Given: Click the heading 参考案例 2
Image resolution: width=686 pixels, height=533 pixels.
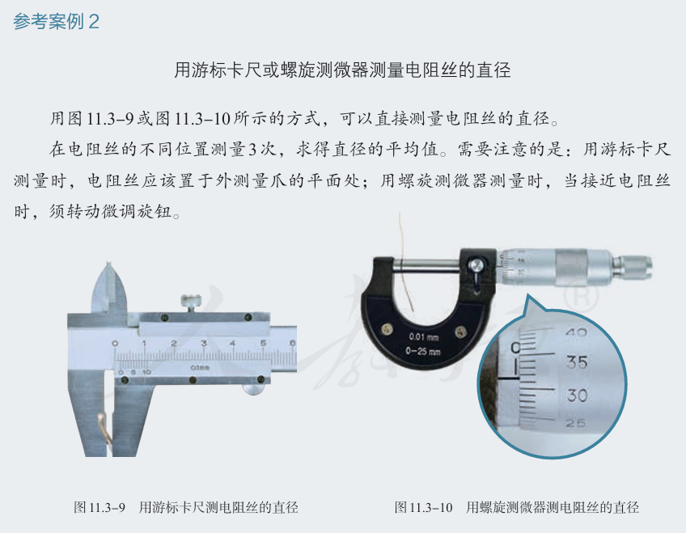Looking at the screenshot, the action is [57, 21].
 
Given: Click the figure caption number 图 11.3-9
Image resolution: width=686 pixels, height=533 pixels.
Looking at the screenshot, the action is [100, 507].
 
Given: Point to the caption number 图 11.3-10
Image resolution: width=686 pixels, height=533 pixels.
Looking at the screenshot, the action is [424, 507].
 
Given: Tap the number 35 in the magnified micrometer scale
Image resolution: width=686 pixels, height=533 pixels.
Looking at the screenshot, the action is [577, 362].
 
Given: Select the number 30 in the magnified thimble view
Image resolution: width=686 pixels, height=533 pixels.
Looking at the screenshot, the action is [577, 396].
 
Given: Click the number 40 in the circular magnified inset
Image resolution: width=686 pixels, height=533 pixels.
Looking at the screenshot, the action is [576, 332].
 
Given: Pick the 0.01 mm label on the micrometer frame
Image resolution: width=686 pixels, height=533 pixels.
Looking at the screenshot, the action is [424, 336].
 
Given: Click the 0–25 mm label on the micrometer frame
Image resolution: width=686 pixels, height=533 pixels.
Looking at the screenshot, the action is [422, 351].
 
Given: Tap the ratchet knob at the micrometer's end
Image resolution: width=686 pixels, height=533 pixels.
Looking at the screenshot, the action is [635, 267].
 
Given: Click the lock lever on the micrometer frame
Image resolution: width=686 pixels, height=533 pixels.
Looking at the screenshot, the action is [476, 271].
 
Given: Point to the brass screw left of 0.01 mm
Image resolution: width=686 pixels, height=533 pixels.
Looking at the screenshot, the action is [387, 329].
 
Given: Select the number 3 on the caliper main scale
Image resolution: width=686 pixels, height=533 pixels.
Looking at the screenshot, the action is [203, 343].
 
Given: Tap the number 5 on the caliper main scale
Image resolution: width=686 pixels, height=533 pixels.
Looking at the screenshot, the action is [263, 343].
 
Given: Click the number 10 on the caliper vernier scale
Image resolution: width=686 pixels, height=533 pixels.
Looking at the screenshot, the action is [146, 372].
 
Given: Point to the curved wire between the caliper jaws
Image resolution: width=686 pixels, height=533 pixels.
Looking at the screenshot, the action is [104, 429].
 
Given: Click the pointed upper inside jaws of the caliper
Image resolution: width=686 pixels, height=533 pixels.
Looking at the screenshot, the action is [109, 289].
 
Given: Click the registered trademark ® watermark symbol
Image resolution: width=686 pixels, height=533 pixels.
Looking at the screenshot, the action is [581, 298].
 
